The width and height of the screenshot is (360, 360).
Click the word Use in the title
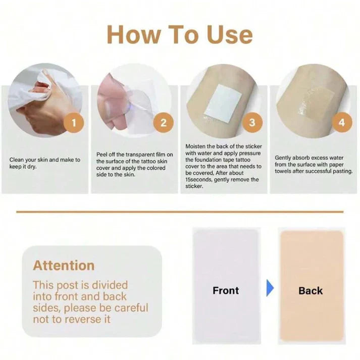(x=229, y=34)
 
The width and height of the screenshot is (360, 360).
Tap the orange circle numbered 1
(x=74, y=123)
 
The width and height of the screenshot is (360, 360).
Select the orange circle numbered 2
(x=163, y=123)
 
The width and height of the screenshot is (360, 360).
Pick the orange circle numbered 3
(x=252, y=122)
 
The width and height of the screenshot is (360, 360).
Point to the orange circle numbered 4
(x=342, y=122)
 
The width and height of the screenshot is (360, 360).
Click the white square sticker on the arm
(x=223, y=101)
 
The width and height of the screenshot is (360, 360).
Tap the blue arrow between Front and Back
(x=270, y=288)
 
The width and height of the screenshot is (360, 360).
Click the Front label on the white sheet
(x=226, y=290)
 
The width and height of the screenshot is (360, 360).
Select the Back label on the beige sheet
(x=311, y=291)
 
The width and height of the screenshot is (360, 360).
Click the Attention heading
(x=64, y=266)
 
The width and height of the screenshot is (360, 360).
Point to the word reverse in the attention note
(x=83, y=320)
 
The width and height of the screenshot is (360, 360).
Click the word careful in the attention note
(x=131, y=308)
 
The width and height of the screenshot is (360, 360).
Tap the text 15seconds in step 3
(x=198, y=180)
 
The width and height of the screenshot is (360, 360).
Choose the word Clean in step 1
(x=16, y=160)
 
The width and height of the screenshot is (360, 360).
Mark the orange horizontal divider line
(x=180, y=212)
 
